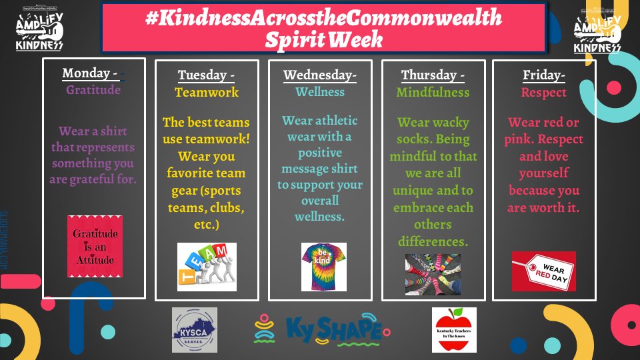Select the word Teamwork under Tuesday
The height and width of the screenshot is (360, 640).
click(x=206, y=93)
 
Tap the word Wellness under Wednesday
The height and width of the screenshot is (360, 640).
click(x=321, y=93)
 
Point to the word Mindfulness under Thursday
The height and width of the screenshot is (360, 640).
click(x=433, y=93)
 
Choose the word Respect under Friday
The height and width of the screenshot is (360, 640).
click(x=544, y=93)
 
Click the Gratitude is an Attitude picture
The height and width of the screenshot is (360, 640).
click(x=95, y=246)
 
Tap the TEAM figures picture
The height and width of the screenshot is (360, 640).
click(x=207, y=267)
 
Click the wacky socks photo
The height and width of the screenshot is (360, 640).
click(x=433, y=274)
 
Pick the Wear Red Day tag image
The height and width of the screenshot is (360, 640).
click(x=543, y=271)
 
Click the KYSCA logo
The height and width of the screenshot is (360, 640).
click(x=194, y=329)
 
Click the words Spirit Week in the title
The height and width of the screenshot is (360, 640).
click(x=324, y=39)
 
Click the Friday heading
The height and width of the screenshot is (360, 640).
click(x=544, y=75)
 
